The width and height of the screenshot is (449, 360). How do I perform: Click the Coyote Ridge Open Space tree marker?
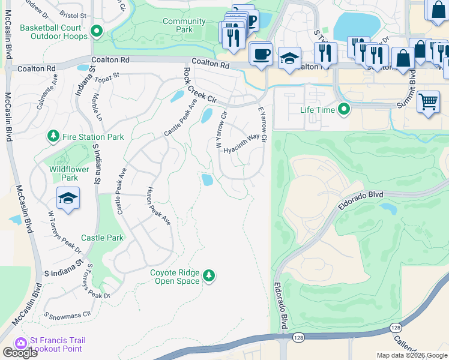(209, 275)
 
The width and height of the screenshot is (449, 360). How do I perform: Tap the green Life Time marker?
(344, 110)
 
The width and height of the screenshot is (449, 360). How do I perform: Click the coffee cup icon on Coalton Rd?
(261, 54)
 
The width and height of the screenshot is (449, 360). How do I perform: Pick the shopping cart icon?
(428, 102)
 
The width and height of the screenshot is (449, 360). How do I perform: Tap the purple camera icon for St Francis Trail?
(21, 343)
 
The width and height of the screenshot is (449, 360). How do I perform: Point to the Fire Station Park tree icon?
(54, 136)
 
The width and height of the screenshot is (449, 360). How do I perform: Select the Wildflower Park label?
(64, 173)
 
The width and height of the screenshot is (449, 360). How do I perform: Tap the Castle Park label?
(102, 238)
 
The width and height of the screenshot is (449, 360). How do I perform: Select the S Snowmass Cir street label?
(67, 314)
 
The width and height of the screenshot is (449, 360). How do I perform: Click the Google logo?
(19, 353)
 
